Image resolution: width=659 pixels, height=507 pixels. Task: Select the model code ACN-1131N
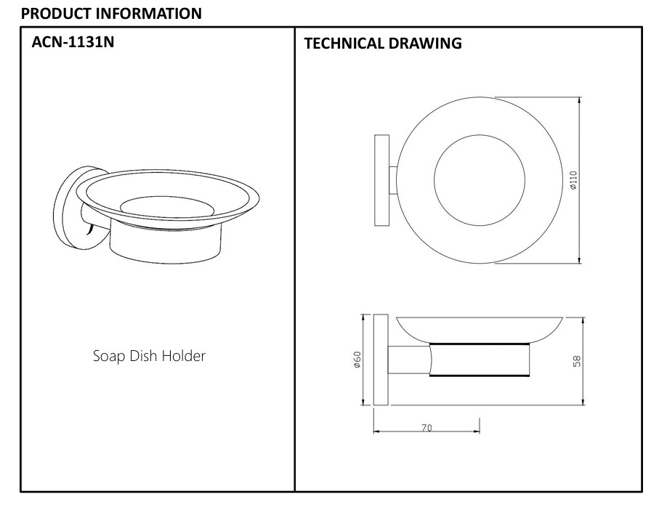[73, 41]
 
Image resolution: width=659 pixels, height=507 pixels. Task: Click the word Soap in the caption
[108, 356]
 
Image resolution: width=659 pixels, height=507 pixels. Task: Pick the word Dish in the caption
[145, 356]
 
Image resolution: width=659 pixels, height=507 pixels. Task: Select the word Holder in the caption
[185, 356]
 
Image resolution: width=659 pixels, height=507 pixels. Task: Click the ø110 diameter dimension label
[573, 179]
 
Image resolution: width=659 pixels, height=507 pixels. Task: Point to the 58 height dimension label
[576, 361]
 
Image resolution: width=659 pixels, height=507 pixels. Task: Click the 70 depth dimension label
[426, 428]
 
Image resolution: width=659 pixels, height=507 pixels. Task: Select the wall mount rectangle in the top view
[381, 179]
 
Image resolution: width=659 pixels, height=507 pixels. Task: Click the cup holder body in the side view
[480, 358]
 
